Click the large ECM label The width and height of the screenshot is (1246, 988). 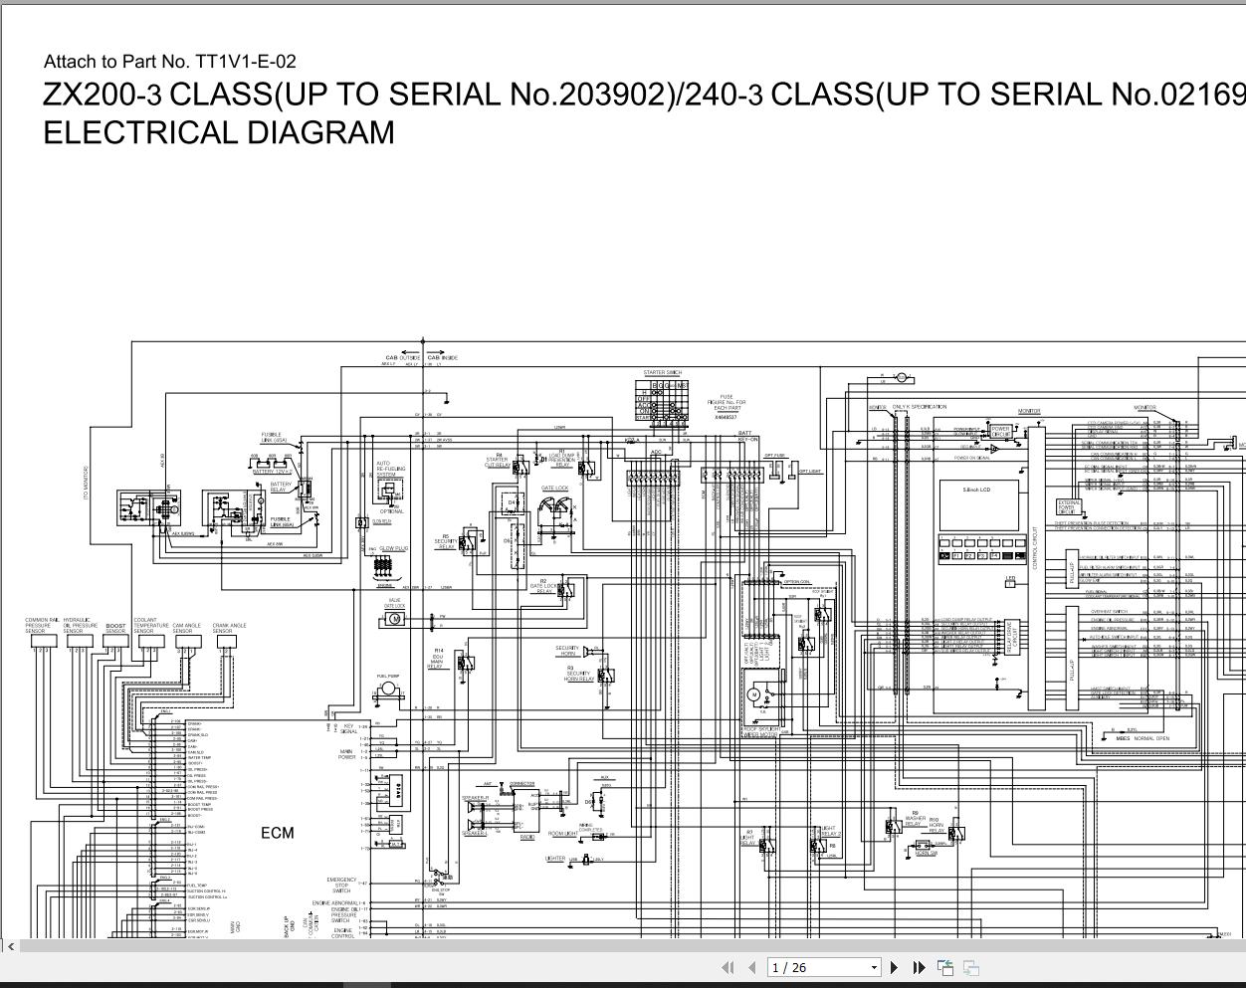[278, 833]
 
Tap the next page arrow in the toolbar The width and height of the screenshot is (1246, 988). [894, 967]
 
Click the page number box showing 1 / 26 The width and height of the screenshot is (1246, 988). [824, 967]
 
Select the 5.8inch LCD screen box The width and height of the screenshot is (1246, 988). [978, 504]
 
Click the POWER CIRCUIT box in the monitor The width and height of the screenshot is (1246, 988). [1001, 432]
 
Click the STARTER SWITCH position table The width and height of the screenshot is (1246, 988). [662, 398]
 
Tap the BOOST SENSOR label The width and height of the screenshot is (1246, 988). [116, 628]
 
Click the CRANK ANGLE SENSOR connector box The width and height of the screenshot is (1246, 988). [226, 641]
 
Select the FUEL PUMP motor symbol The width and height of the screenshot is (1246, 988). [387, 689]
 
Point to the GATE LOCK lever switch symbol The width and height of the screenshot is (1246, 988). [555, 511]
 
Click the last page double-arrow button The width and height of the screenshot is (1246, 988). [919, 967]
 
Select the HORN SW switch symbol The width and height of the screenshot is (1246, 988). [925, 847]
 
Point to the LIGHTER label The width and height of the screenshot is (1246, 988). [555, 858]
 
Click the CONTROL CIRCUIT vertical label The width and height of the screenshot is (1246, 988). [1035, 547]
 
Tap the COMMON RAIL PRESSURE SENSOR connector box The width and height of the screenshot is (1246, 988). [42, 641]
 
